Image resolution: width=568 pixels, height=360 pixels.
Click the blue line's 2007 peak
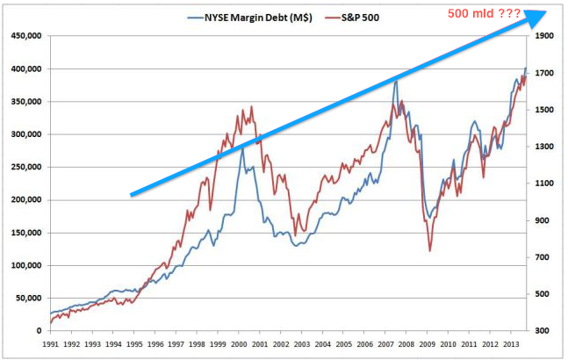pos(396,81)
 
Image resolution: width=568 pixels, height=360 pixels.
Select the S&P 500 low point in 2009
pos(429,252)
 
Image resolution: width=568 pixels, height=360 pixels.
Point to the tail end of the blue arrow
pos(131,194)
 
